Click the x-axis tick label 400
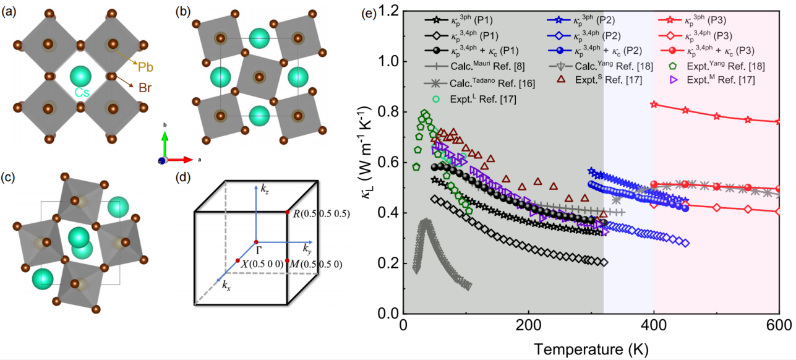coord(653,327)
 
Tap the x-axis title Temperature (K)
coord(591,349)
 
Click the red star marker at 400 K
coord(654,105)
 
